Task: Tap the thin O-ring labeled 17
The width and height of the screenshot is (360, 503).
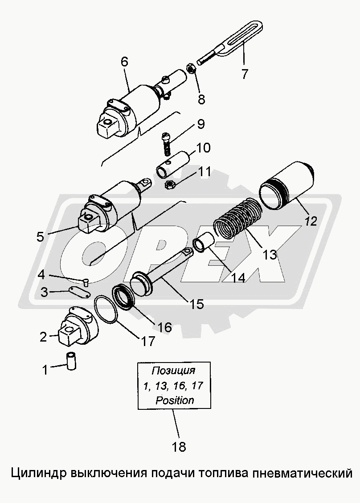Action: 106,308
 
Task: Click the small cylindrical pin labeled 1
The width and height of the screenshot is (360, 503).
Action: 71,361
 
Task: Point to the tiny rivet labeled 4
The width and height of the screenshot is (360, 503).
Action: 86,282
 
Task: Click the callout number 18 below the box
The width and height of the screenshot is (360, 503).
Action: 179,446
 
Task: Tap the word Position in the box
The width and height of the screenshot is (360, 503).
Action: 175,400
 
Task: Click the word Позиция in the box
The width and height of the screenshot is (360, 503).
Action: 173,371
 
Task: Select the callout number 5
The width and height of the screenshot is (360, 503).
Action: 40,237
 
